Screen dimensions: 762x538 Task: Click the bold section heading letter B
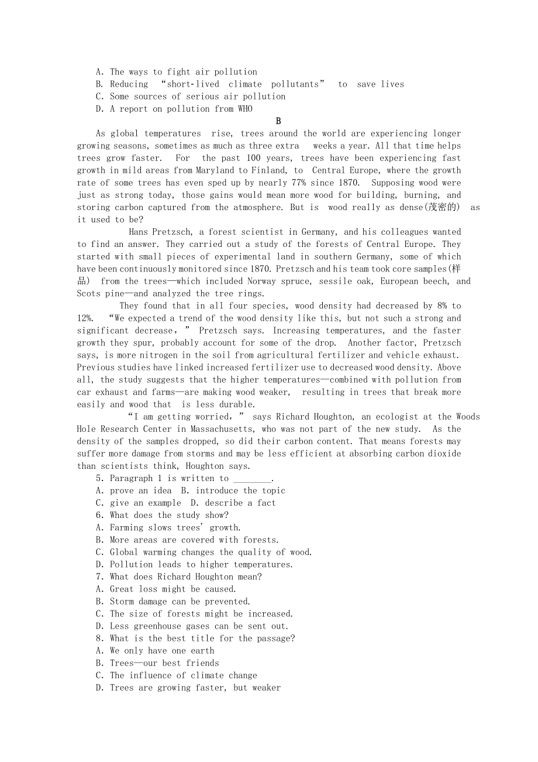tap(278, 121)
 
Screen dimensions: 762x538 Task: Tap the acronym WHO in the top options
tap(245, 109)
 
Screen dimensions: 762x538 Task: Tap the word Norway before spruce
tap(258, 281)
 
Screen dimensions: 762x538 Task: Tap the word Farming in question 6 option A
tap(127, 527)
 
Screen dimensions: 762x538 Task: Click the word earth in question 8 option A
tap(202, 651)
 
